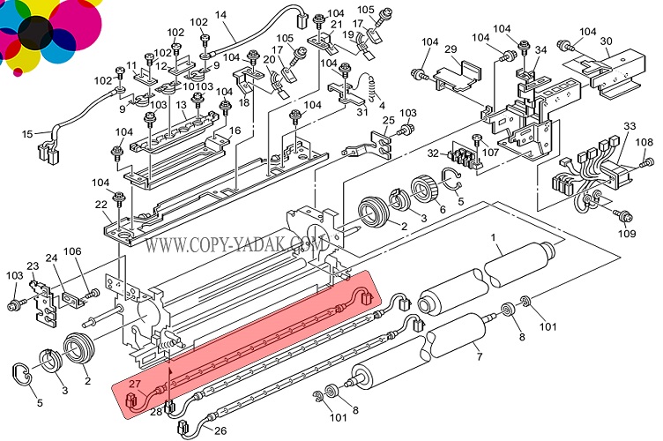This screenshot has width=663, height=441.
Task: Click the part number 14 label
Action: pos(220,15)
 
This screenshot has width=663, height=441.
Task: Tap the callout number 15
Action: pos(27,134)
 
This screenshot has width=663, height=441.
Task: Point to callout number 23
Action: pos(34,265)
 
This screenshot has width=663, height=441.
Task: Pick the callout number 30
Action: pos(606,41)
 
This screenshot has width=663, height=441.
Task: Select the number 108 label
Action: pos(645,142)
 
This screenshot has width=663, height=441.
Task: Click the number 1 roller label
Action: pos(494,236)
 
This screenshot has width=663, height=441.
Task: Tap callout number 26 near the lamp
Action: pos(220,431)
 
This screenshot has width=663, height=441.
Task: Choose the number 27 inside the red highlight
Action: pos(134,384)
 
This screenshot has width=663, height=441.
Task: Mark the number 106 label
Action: pos(72,251)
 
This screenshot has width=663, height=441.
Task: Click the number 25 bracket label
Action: pos(387,121)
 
